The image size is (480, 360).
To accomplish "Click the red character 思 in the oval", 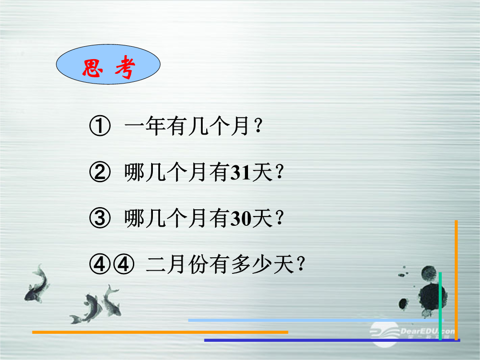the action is point(92,68).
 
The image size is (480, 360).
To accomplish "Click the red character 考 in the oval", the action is point(125,67).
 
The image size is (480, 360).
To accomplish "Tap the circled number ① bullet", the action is point(100,125).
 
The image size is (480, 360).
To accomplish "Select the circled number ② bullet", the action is point(100,172).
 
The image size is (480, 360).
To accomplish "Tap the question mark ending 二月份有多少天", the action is point(301,264).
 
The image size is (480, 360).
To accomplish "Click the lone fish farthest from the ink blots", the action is point(37,284).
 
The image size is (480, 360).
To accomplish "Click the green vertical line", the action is point(440,306).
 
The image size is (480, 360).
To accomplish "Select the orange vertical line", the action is point(456,280).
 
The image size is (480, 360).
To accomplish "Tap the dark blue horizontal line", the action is point(332,340).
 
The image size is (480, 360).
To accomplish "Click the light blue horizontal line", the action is point(316,320).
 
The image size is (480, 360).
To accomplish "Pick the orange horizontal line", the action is point(160,332).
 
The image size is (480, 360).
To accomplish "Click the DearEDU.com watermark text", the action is point(427,331).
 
